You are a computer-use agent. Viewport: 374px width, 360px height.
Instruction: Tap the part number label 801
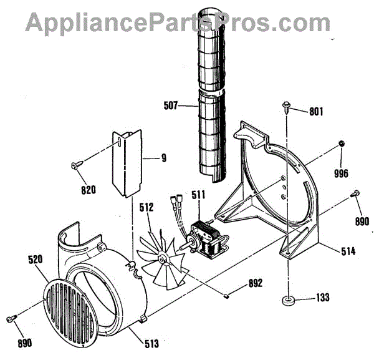(316, 112)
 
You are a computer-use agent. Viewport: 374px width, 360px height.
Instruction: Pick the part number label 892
(254, 283)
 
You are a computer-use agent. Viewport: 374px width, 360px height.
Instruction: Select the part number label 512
(147, 207)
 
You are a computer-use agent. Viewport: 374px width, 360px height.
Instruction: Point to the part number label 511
(198, 196)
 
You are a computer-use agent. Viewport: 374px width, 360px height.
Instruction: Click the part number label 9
(164, 158)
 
